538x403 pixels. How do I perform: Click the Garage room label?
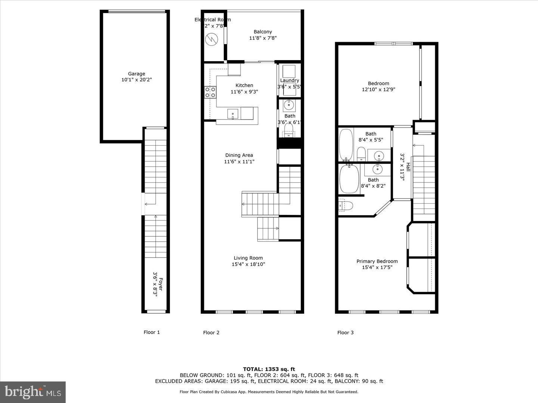click(x=136, y=74)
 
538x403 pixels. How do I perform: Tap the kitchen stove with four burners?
click(x=210, y=92)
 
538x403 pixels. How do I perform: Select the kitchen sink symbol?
click(x=233, y=113)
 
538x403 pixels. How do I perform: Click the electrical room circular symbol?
click(x=211, y=38)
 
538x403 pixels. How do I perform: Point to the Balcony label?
click(x=263, y=32)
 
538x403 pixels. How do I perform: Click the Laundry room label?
click(x=290, y=80)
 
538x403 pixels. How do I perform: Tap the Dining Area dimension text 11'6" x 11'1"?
click(x=239, y=162)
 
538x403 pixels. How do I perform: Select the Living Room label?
click(x=248, y=258)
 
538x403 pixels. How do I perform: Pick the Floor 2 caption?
click(x=211, y=332)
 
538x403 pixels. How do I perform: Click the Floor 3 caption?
click(x=345, y=332)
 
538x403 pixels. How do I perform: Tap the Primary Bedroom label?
click(x=377, y=261)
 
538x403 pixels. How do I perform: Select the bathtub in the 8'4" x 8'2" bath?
click(x=349, y=179)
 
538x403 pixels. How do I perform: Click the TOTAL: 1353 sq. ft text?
click(x=269, y=369)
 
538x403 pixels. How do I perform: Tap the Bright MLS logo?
click(x=33, y=392)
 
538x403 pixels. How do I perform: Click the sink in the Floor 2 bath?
click(x=289, y=105)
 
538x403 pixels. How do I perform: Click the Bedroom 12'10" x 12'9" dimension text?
click(x=378, y=90)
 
